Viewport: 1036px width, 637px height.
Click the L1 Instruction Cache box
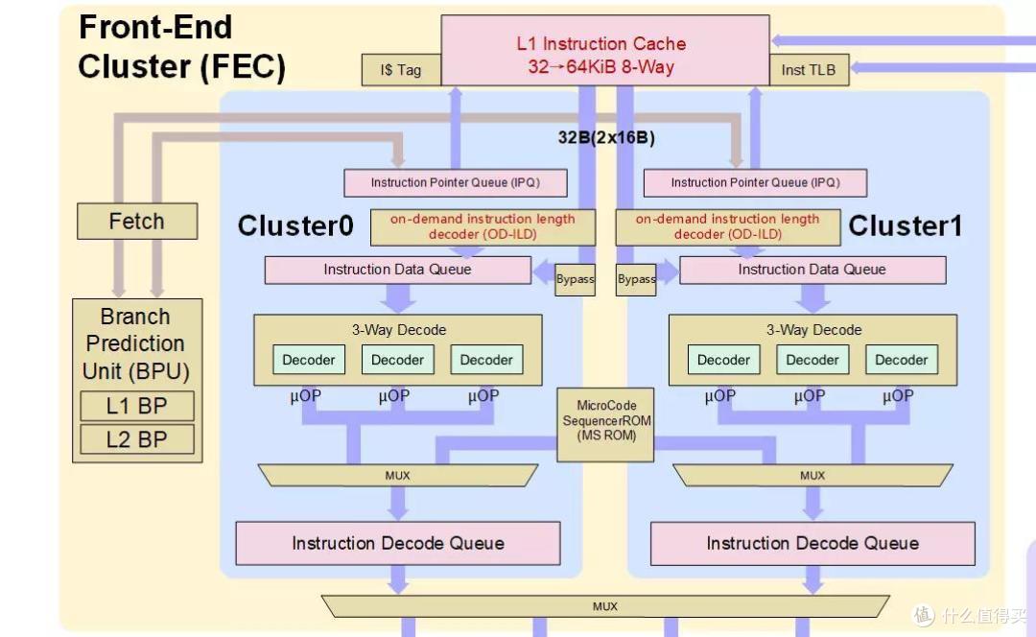[x=604, y=50]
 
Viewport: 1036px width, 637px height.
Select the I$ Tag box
[x=401, y=70]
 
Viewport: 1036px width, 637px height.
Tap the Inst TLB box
[x=809, y=70]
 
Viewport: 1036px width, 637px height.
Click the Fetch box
[x=137, y=221]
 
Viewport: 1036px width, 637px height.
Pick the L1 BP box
[x=137, y=406]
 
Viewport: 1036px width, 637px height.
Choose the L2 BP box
[x=137, y=439]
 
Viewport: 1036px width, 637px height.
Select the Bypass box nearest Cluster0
[x=575, y=279]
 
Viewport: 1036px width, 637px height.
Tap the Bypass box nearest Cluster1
[x=636, y=279]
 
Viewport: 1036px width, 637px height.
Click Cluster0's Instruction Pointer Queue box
[x=456, y=183]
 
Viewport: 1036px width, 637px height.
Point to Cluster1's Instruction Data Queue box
[x=812, y=270]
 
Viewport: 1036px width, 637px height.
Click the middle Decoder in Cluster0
[x=398, y=360]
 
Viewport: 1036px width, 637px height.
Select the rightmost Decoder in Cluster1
[x=901, y=360]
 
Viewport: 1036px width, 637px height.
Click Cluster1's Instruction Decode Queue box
[x=812, y=543]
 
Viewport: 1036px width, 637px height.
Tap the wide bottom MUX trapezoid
[x=605, y=606]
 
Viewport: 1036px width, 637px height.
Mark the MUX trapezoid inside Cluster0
[x=398, y=475]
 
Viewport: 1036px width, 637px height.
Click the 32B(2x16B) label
[x=606, y=137]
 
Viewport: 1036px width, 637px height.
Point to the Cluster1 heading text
[x=906, y=226]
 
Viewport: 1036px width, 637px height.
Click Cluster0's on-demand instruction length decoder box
[x=483, y=227]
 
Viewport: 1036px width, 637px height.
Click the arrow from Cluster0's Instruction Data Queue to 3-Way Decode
[x=398, y=298]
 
